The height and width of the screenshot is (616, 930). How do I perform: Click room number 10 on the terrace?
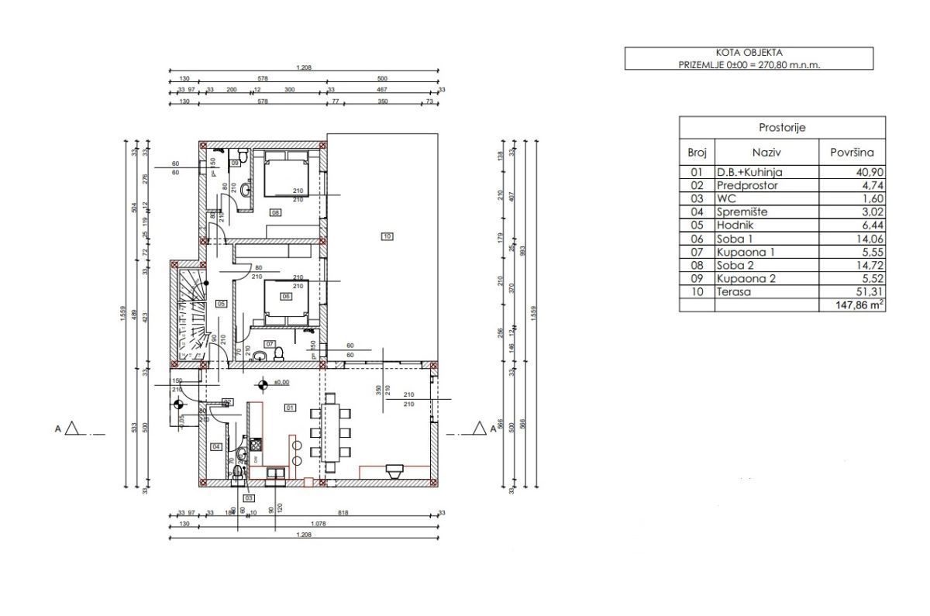(387, 236)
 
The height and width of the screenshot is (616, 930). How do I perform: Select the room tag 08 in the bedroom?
(274, 212)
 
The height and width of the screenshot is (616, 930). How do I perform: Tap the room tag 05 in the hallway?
(221, 304)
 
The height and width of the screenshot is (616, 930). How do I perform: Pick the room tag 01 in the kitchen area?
(291, 407)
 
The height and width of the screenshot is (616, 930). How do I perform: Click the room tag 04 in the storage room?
(216, 446)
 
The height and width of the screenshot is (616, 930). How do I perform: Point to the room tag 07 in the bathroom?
(270, 343)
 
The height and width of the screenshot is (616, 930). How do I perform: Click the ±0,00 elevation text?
(278, 382)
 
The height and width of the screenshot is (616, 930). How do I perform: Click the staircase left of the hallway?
(189, 314)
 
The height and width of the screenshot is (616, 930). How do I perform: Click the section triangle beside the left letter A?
(73, 428)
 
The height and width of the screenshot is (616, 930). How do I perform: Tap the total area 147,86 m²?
(856, 305)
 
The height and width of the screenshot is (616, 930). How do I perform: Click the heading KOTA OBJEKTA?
(749, 53)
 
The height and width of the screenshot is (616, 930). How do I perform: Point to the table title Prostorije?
(781, 128)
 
